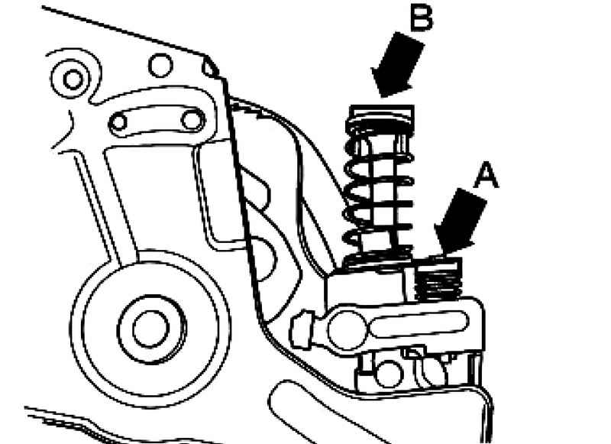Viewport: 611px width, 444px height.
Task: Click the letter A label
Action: [x=486, y=177]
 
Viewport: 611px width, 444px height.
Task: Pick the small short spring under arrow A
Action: [x=440, y=280]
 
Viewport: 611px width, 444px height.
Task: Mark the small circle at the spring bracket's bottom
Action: [x=390, y=374]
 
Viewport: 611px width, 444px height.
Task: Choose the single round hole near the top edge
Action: [x=160, y=65]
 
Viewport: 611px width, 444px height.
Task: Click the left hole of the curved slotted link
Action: [x=121, y=122]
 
